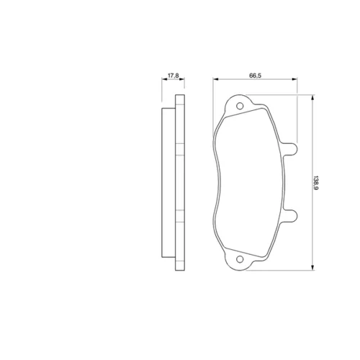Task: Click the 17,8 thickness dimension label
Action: tap(173, 76)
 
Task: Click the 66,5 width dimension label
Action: tap(255, 76)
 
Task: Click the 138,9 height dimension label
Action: tap(316, 183)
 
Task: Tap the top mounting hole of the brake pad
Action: tap(240, 106)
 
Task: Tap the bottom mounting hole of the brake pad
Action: tap(240, 259)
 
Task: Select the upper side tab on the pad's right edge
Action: tap(290, 149)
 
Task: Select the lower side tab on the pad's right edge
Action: tap(290, 215)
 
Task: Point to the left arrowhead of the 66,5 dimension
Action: tap(215, 78)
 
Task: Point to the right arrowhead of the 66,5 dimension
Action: tap(294, 78)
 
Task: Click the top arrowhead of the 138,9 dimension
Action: tap(312, 97)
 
